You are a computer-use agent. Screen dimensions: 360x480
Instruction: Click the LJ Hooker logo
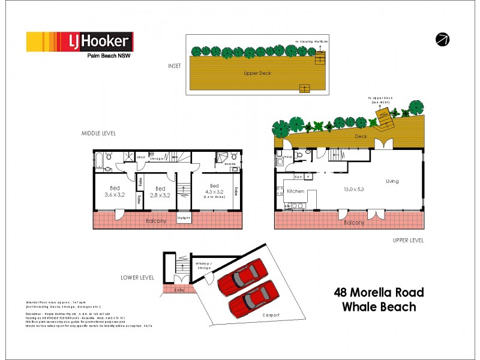tap(79, 42)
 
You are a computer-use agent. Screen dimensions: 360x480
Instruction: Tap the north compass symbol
tap(443, 40)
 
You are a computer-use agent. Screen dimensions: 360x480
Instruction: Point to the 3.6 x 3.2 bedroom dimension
tap(115, 194)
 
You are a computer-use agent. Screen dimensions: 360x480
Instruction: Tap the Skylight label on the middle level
tap(184, 218)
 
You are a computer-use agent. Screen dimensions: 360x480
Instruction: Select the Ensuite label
tap(229, 163)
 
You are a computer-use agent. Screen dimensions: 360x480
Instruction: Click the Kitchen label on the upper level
tap(296, 191)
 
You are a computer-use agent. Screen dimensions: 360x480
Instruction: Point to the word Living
tap(392, 181)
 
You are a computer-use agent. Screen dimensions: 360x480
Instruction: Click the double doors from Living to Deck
tap(380, 144)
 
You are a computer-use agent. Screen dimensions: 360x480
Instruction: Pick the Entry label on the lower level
tap(179, 290)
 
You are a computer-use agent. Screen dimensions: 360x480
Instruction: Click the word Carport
tap(271, 314)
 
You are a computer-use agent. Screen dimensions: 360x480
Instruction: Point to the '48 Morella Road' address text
tap(378, 293)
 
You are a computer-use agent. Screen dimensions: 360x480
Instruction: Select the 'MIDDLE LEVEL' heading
tap(99, 133)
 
